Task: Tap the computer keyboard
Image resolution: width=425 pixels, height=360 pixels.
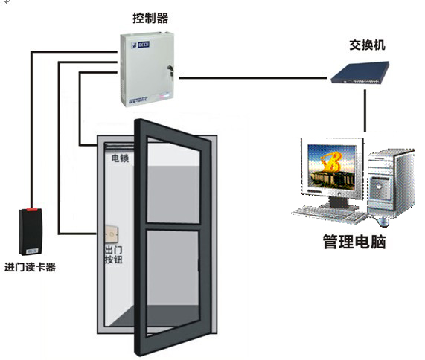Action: coord(328,213)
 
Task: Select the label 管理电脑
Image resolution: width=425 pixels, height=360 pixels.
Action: coord(354,242)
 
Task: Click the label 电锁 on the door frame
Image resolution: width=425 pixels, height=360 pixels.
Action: coord(121,158)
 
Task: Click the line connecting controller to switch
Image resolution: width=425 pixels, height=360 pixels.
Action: coord(253,77)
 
